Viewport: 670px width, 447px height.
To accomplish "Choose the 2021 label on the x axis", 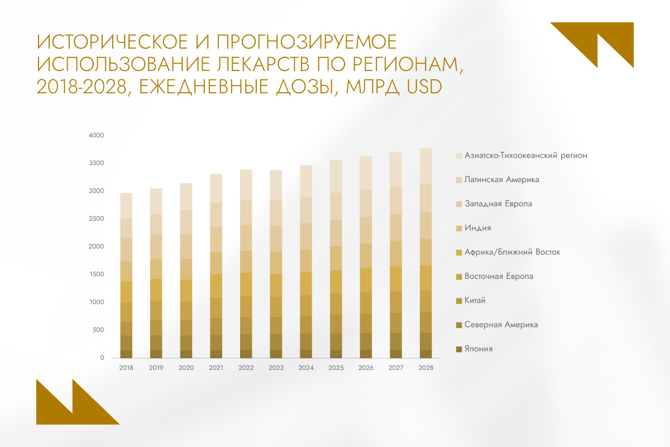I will pyautogui.click(x=216, y=368).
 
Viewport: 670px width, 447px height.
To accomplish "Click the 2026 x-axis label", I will pyautogui.click(x=366, y=368).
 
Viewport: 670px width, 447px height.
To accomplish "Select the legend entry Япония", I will pyautogui.click(x=478, y=349).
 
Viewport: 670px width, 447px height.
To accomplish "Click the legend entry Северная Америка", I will pyautogui.click(x=500, y=325).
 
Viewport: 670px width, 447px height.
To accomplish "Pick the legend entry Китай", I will pyautogui.click(x=475, y=301).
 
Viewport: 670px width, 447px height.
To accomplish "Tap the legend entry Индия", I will pyautogui.click(x=477, y=228).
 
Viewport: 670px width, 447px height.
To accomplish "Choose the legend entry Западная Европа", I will pyautogui.click(x=498, y=204).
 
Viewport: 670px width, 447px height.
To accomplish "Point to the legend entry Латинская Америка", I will pyautogui.click(x=501, y=179).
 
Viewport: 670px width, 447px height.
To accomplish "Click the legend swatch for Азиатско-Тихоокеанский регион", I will pyautogui.click(x=459, y=156).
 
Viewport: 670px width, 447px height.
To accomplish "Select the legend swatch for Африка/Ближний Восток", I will pyautogui.click(x=459, y=253).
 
